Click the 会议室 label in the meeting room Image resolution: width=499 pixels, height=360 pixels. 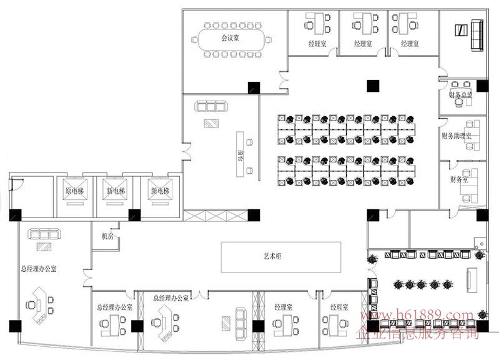coord(229,38)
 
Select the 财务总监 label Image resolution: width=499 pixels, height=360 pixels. coord(460,95)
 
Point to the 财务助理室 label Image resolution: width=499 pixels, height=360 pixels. coord(456,136)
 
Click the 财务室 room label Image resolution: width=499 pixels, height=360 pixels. coord(458,179)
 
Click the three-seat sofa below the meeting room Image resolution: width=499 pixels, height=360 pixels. coord(209,107)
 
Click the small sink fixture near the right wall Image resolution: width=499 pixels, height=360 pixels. coord(478,245)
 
